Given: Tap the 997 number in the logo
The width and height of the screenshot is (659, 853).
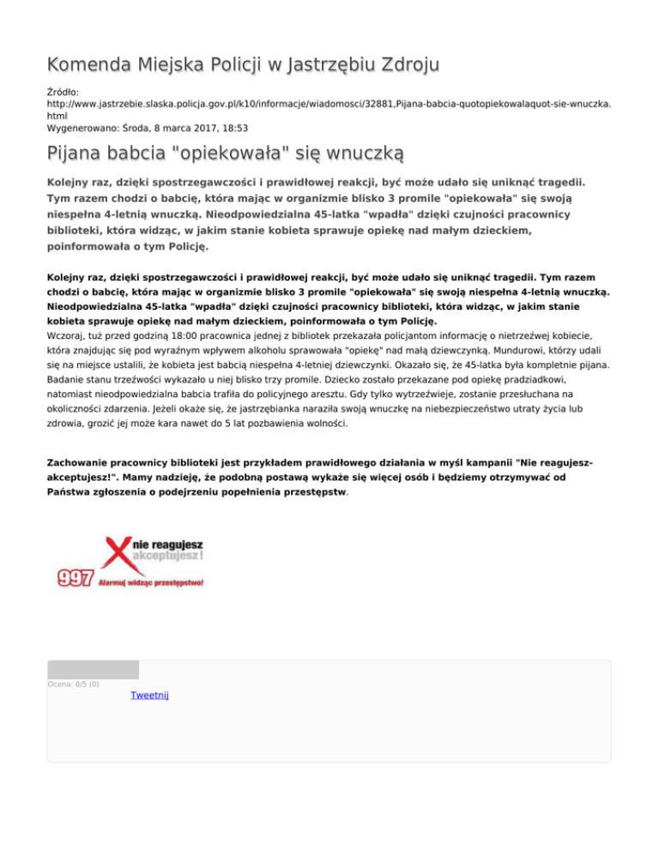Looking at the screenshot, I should (x=76, y=578).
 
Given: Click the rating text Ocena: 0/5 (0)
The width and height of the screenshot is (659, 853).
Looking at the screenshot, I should (x=74, y=684).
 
